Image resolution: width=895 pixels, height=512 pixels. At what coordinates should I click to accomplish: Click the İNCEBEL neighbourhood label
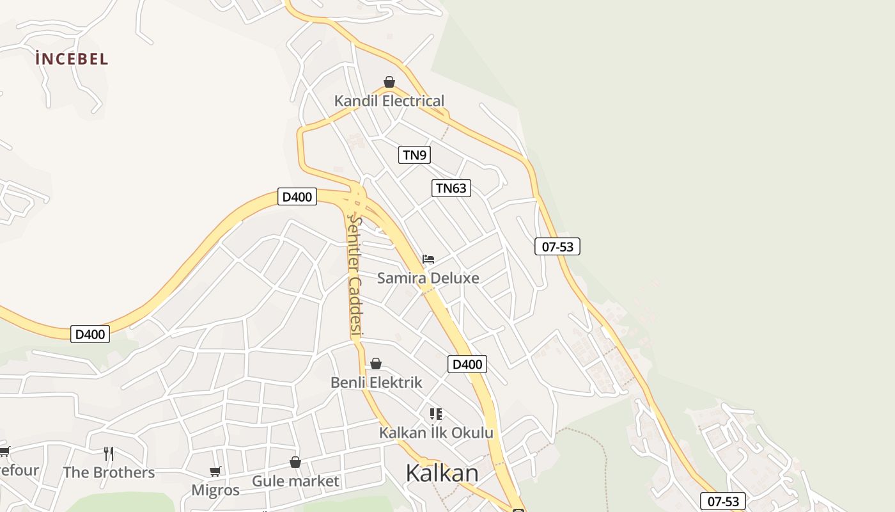point(72,59)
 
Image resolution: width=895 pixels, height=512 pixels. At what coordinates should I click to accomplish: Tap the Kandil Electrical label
point(389,101)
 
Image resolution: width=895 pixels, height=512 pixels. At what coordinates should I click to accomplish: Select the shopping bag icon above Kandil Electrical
point(389,82)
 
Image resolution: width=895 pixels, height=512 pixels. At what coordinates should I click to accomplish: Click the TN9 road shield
point(414,155)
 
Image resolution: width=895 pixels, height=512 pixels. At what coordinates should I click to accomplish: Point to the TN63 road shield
point(451,188)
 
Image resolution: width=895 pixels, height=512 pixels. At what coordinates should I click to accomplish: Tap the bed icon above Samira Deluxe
point(428,259)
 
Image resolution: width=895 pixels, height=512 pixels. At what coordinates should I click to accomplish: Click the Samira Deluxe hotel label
point(428,278)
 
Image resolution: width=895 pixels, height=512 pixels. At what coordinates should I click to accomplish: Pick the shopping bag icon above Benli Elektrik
point(376,364)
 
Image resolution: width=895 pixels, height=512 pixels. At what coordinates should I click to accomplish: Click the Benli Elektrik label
point(376,383)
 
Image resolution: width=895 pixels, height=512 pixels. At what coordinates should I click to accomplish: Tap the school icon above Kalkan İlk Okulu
point(436,414)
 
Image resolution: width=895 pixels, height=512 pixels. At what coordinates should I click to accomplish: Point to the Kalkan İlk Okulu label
point(436,433)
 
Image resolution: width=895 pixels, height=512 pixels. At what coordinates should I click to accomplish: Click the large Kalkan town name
point(442,473)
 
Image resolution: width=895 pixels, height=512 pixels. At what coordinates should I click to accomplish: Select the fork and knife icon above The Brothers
point(109,454)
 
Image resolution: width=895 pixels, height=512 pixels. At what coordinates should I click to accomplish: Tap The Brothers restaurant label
point(109,473)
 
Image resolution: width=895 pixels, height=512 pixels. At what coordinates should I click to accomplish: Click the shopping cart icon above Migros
point(215,472)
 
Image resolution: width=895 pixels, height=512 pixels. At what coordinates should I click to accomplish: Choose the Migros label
point(215,490)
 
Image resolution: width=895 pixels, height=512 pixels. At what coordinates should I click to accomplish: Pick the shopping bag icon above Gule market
point(295,462)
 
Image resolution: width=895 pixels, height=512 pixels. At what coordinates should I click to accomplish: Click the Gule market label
point(295,481)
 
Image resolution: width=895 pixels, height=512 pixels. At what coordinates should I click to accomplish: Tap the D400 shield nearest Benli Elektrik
point(467,365)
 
